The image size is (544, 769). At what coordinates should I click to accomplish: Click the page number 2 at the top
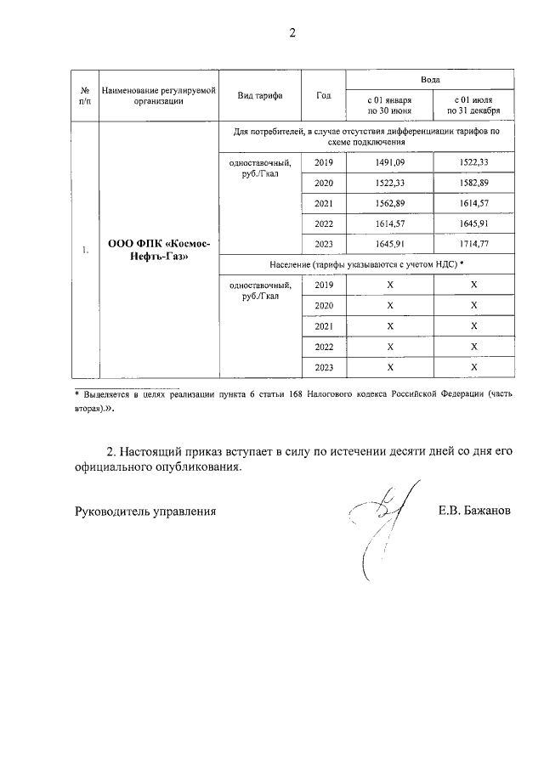click(292, 34)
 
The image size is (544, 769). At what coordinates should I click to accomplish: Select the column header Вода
click(429, 78)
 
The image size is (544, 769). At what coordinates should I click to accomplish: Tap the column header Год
click(323, 94)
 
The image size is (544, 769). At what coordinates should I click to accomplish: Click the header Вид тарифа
click(260, 94)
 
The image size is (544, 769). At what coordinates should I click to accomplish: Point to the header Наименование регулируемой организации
click(158, 94)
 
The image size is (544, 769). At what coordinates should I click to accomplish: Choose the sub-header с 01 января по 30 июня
click(389, 105)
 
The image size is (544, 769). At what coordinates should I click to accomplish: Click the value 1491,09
click(389, 162)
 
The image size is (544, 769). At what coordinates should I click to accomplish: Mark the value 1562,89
click(389, 203)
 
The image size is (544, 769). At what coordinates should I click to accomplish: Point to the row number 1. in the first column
click(85, 250)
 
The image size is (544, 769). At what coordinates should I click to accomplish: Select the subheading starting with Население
click(365, 264)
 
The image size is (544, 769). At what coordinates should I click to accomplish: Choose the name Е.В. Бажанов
click(475, 511)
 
